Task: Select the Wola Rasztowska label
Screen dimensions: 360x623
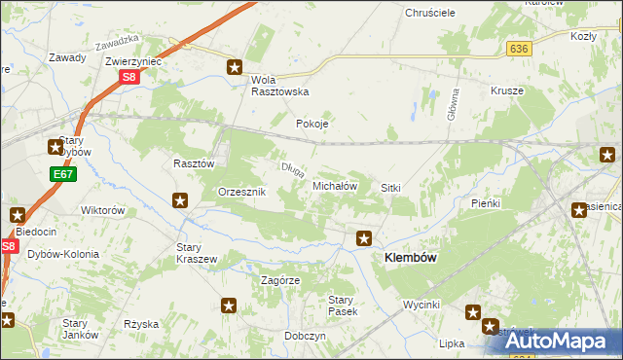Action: click(x=279, y=85)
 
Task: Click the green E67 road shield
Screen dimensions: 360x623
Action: click(x=62, y=174)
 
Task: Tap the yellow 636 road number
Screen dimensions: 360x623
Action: click(x=518, y=48)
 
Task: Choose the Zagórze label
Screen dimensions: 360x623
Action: click(x=280, y=279)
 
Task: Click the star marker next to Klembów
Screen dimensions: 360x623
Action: click(x=364, y=237)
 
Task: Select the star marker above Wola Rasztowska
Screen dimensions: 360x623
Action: click(x=235, y=67)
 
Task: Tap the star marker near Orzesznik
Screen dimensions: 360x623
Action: click(x=180, y=201)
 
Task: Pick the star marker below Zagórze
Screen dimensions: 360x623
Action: click(x=229, y=306)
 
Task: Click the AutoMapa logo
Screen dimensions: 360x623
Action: click(x=554, y=341)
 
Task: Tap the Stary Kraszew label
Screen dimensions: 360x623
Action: click(x=196, y=253)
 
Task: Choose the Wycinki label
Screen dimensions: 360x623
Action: click(x=422, y=305)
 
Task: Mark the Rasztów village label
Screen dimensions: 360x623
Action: click(x=193, y=164)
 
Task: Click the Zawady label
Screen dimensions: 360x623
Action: click(x=67, y=57)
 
